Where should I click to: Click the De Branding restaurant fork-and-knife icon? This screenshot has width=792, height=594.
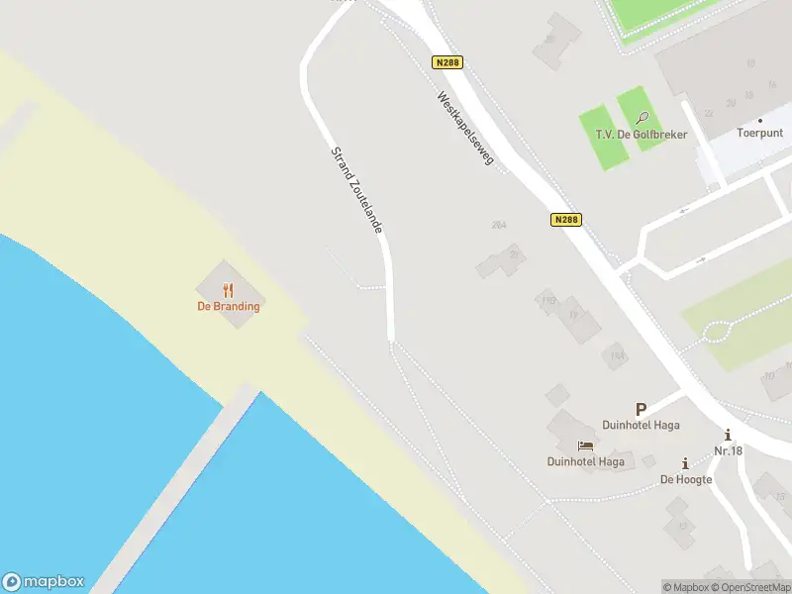[x=228, y=290]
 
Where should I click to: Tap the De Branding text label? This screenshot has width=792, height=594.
[x=228, y=306]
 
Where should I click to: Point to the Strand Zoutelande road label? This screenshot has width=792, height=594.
[x=356, y=187]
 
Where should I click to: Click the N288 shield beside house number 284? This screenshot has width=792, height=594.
[x=565, y=220]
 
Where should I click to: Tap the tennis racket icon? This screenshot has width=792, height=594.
[x=643, y=118]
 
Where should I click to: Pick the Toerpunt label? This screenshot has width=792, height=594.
[x=759, y=134]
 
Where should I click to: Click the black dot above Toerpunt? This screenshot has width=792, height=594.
[x=759, y=121]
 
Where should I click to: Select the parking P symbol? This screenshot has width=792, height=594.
[x=641, y=409]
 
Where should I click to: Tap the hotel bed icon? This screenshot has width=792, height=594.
[x=585, y=446]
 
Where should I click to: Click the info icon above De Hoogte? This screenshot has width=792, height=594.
[x=685, y=463]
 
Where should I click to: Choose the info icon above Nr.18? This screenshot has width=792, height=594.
[x=728, y=436]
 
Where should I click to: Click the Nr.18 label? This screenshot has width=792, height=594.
[x=728, y=450]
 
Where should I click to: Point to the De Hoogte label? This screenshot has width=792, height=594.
[x=686, y=479]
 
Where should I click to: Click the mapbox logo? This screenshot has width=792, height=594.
[x=44, y=582]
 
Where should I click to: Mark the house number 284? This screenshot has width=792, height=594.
[x=499, y=225]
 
